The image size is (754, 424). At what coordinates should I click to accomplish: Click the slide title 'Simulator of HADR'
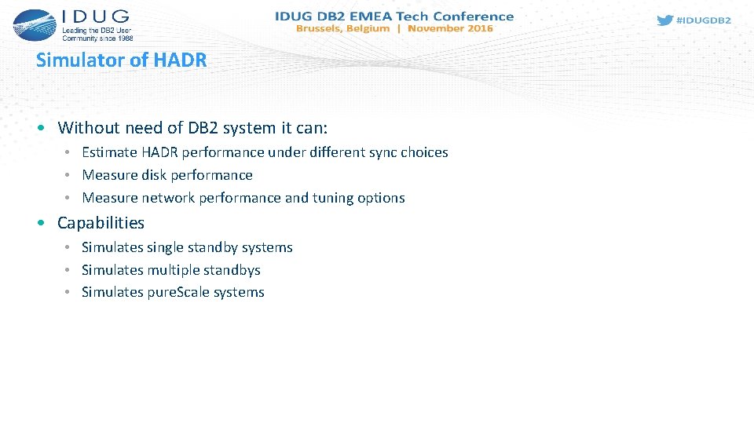click(x=121, y=60)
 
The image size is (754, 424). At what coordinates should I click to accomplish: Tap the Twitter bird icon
click(x=664, y=20)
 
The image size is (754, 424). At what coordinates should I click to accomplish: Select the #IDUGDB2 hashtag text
click(x=703, y=20)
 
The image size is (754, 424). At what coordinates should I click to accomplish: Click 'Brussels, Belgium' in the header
click(x=342, y=28)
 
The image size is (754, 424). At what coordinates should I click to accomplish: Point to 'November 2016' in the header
click(x=450, y=28)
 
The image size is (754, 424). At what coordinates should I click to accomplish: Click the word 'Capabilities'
click(x=101, y=223)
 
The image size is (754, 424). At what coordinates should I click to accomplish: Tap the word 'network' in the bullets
click(x=168, y=198)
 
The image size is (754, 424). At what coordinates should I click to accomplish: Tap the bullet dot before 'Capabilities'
click(x=41, y=224)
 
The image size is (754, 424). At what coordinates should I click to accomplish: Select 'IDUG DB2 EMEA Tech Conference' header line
click(x=394, y=16)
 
